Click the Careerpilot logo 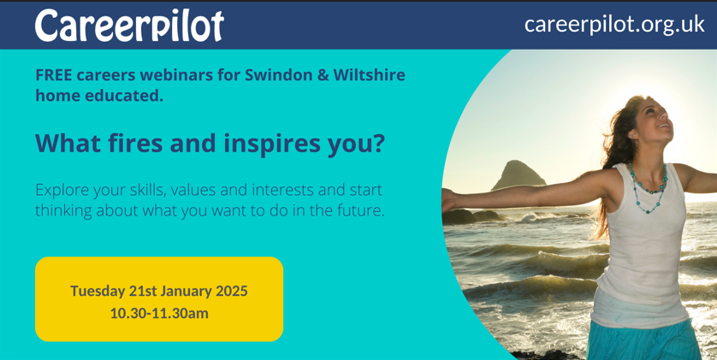click(x=128, y=26)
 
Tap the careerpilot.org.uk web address click(x=613, y=24)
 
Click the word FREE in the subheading click(x=54, y=74)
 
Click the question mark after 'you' click(x=378, y=143)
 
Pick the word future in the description click(x=357, y=210)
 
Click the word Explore click(x=65, y=190)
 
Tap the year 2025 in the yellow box click(x=228, y=291)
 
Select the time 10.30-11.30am click(x=159, y=313)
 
